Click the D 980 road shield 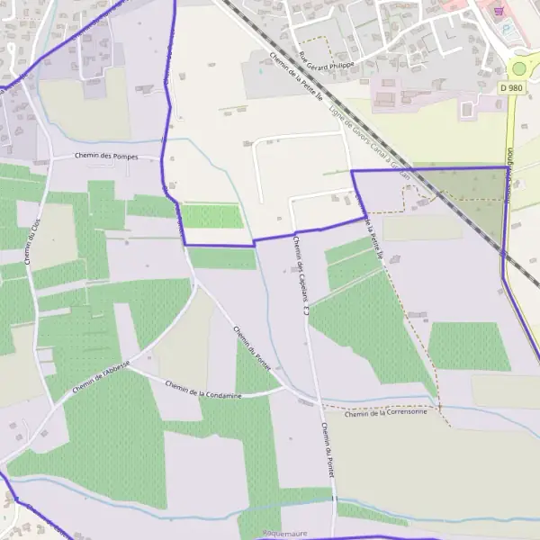[x=511, y=87]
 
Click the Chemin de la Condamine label [x=203, y=391]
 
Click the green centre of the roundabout [x=521, y=67]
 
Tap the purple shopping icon [x=500, y=13]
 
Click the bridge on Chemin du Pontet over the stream [x=332, y=498]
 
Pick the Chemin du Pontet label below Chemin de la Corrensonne [x=328, y=450]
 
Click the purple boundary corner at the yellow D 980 [x=507, y=168]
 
